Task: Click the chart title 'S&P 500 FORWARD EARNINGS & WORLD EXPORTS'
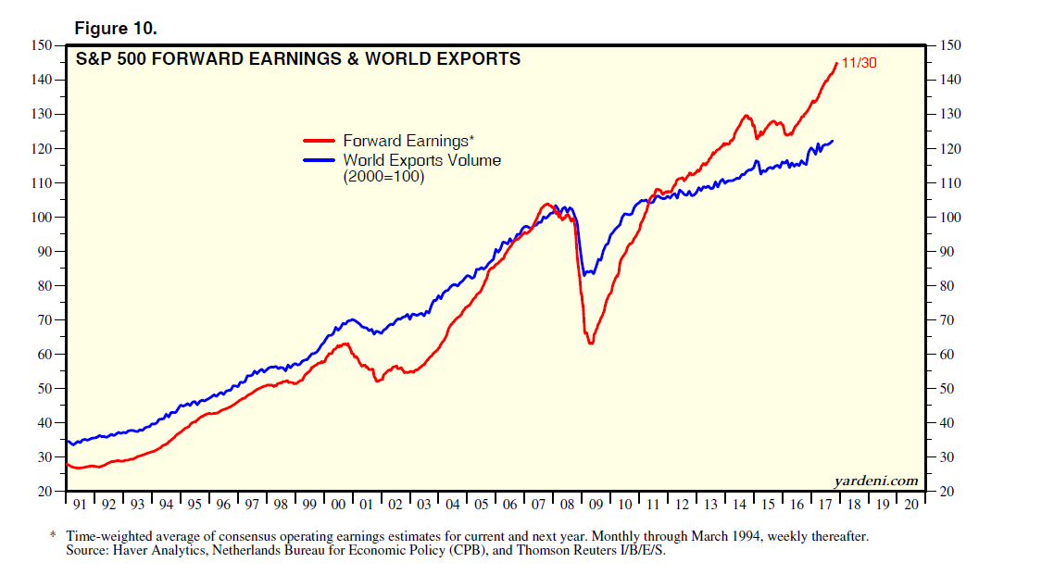pos(297,59)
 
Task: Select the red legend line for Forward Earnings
pos(320,142)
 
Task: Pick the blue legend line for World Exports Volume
pos(320,160)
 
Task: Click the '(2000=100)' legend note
pos(383,177)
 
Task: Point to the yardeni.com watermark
pos(876,480)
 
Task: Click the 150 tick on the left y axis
pos(41,45)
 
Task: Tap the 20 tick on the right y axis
pos(949,492)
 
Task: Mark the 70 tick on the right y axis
pos(949,320)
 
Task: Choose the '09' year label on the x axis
pos(596,506)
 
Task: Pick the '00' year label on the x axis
pos(338,506)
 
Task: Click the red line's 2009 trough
pos(590,344)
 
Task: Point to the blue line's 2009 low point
pos(585,274)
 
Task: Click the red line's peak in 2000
pos(345,344)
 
